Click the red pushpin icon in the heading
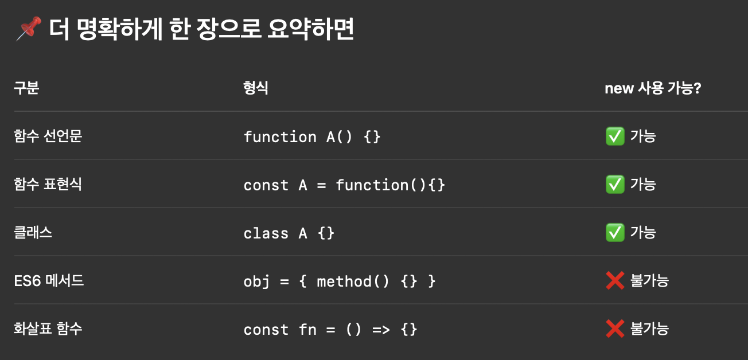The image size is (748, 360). pyautogui.click(x=29, y=28)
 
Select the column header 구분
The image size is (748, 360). pyautogui.click(x=26, y=88)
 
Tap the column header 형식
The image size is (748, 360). pyautogui.click(x=256, y=88)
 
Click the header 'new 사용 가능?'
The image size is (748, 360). pyautogui.click(x=653, y=88)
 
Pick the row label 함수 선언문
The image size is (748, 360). pyautogui.click(x=48, y=136)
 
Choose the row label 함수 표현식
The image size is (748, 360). pyautogui.click(x=48, y=184)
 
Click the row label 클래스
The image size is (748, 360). pyautogui.click(x=33, y=233)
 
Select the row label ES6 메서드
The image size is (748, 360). pyautogui.click(x=49, y=280)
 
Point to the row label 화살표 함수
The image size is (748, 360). pyautogui.click(x=48, y=328)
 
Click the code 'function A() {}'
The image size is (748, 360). pyautogui.click(x=312, y=137)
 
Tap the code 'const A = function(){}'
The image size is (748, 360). pyautogui.click(x=344, y=185)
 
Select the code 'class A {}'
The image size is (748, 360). pyautogui.click(x=289, y=233)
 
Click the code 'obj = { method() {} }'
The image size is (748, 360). pyautogui.click(x=340, y=281)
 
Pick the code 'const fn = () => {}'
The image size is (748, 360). pyautogui.click(x=330, y=330)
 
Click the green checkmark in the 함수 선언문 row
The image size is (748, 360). pyautogui.click(x=615, y=136)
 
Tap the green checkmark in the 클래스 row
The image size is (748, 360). pyautogui.click(x=615, y=233)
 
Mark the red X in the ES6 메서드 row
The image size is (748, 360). pyautogui.click(x=615, y=280)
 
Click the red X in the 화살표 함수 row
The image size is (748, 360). pyautogui.click(x=615, y=328)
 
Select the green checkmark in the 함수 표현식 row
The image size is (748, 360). pyautogui.click(x=615, y=184)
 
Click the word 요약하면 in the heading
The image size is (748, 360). pyautogui.click(x=310, y=29)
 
